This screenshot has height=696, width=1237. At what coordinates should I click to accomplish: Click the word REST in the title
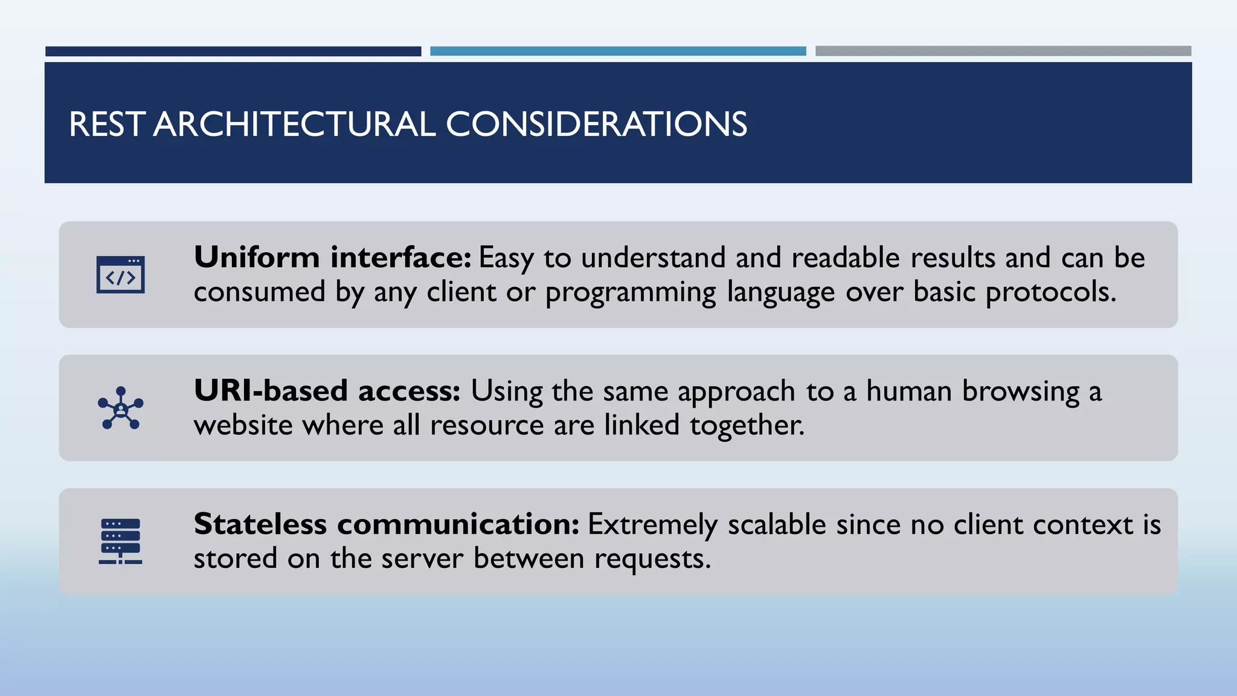tap(106, 124)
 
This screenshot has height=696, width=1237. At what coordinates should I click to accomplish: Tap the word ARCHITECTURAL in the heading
tap(294, 124)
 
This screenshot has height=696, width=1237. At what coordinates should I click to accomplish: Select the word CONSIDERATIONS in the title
tap(596, 124)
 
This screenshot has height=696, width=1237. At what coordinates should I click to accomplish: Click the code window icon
tap(121, 275)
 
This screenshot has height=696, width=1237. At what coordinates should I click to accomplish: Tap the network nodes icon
tap(121, 408)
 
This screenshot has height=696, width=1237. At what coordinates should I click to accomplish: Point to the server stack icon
tap(121, 541)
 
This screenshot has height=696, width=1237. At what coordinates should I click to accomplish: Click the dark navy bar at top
tap(233, 51)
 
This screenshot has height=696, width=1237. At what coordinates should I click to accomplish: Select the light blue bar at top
tap(618, 51)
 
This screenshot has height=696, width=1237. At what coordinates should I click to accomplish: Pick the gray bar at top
tap(1003, 51)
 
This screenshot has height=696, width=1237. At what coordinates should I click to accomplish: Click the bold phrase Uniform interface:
tap(332, 258)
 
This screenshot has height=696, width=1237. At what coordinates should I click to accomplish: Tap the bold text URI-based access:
tap(327, 391)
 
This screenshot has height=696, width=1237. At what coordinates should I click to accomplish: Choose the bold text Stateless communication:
tap(387, 524)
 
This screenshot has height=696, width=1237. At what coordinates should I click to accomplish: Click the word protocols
tap(1051, 292)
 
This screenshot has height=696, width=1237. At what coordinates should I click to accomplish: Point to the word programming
tap(631, 292)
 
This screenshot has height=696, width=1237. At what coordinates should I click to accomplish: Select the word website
tap(243, 425)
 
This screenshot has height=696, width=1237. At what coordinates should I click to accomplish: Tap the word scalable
tap(777, 524)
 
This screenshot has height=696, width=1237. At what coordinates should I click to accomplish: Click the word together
tap(747, 425)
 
